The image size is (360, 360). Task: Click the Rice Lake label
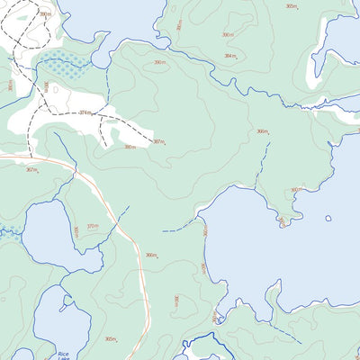pos(63,354)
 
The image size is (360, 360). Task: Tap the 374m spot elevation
pos(85,112)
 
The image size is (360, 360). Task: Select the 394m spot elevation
pos(230,55)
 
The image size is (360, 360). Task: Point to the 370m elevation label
pos(92,226)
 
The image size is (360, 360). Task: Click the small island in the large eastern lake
pos(328,218)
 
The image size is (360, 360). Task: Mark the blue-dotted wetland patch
pos(64,65)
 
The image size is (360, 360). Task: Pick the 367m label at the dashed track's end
pos(158,141)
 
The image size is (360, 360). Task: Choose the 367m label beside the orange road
pos(31,169)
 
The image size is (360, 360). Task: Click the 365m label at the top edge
pos(291,6)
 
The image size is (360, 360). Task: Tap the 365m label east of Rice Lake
pos(110,339)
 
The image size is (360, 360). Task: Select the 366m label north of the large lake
pos(262,131)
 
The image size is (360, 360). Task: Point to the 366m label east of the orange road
pos(151,255)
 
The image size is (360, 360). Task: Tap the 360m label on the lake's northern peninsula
pos(294,190)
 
